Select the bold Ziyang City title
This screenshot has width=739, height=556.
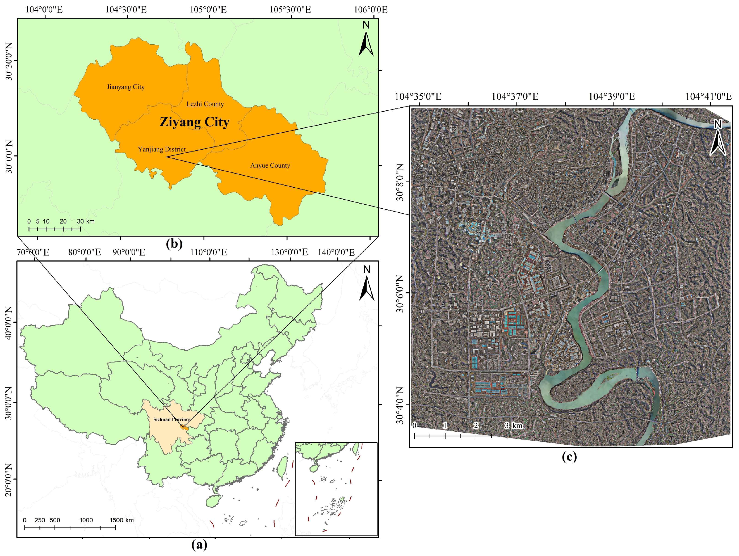[x=194, y=122]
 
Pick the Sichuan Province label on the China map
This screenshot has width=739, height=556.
[x=172, y=419]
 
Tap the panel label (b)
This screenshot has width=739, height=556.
[x=174, y=244]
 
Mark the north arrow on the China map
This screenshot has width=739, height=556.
[x=367, y=284]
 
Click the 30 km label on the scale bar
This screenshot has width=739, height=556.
[x=86, y=221]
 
